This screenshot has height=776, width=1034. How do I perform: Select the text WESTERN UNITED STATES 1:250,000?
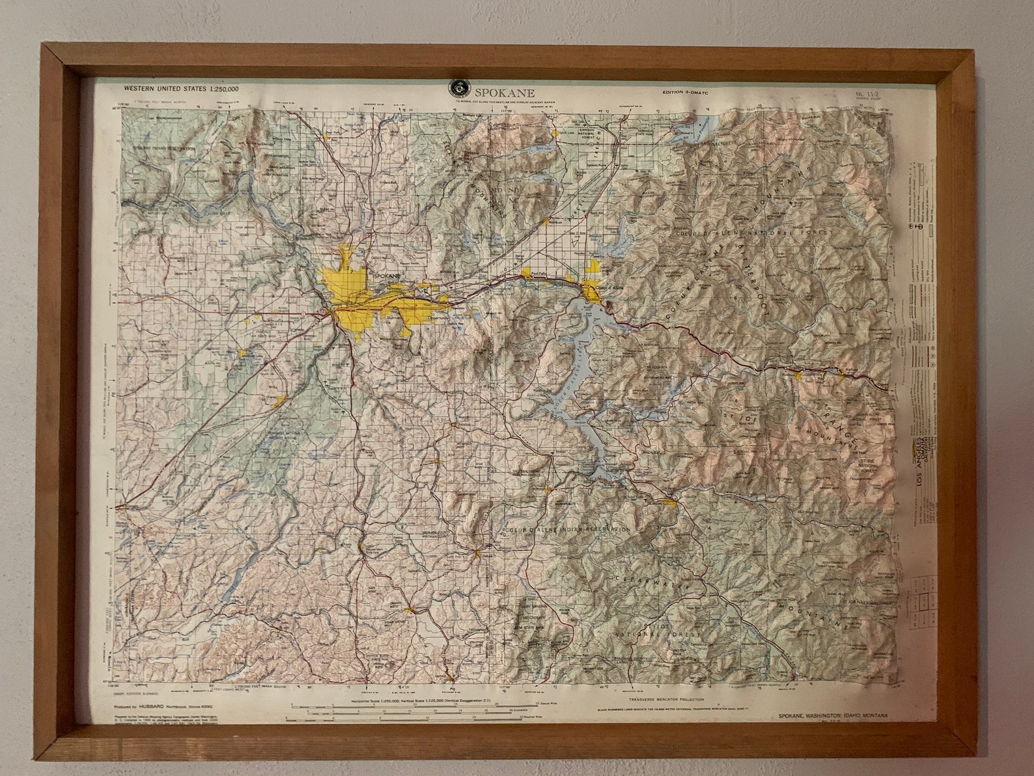pyautogui.click(x=181, y=88)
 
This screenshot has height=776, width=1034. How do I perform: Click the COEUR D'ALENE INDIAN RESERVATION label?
pyautogui.click(x=566, y=530)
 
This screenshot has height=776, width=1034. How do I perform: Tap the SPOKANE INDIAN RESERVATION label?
pyautogui.click(x=165, y=148)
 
